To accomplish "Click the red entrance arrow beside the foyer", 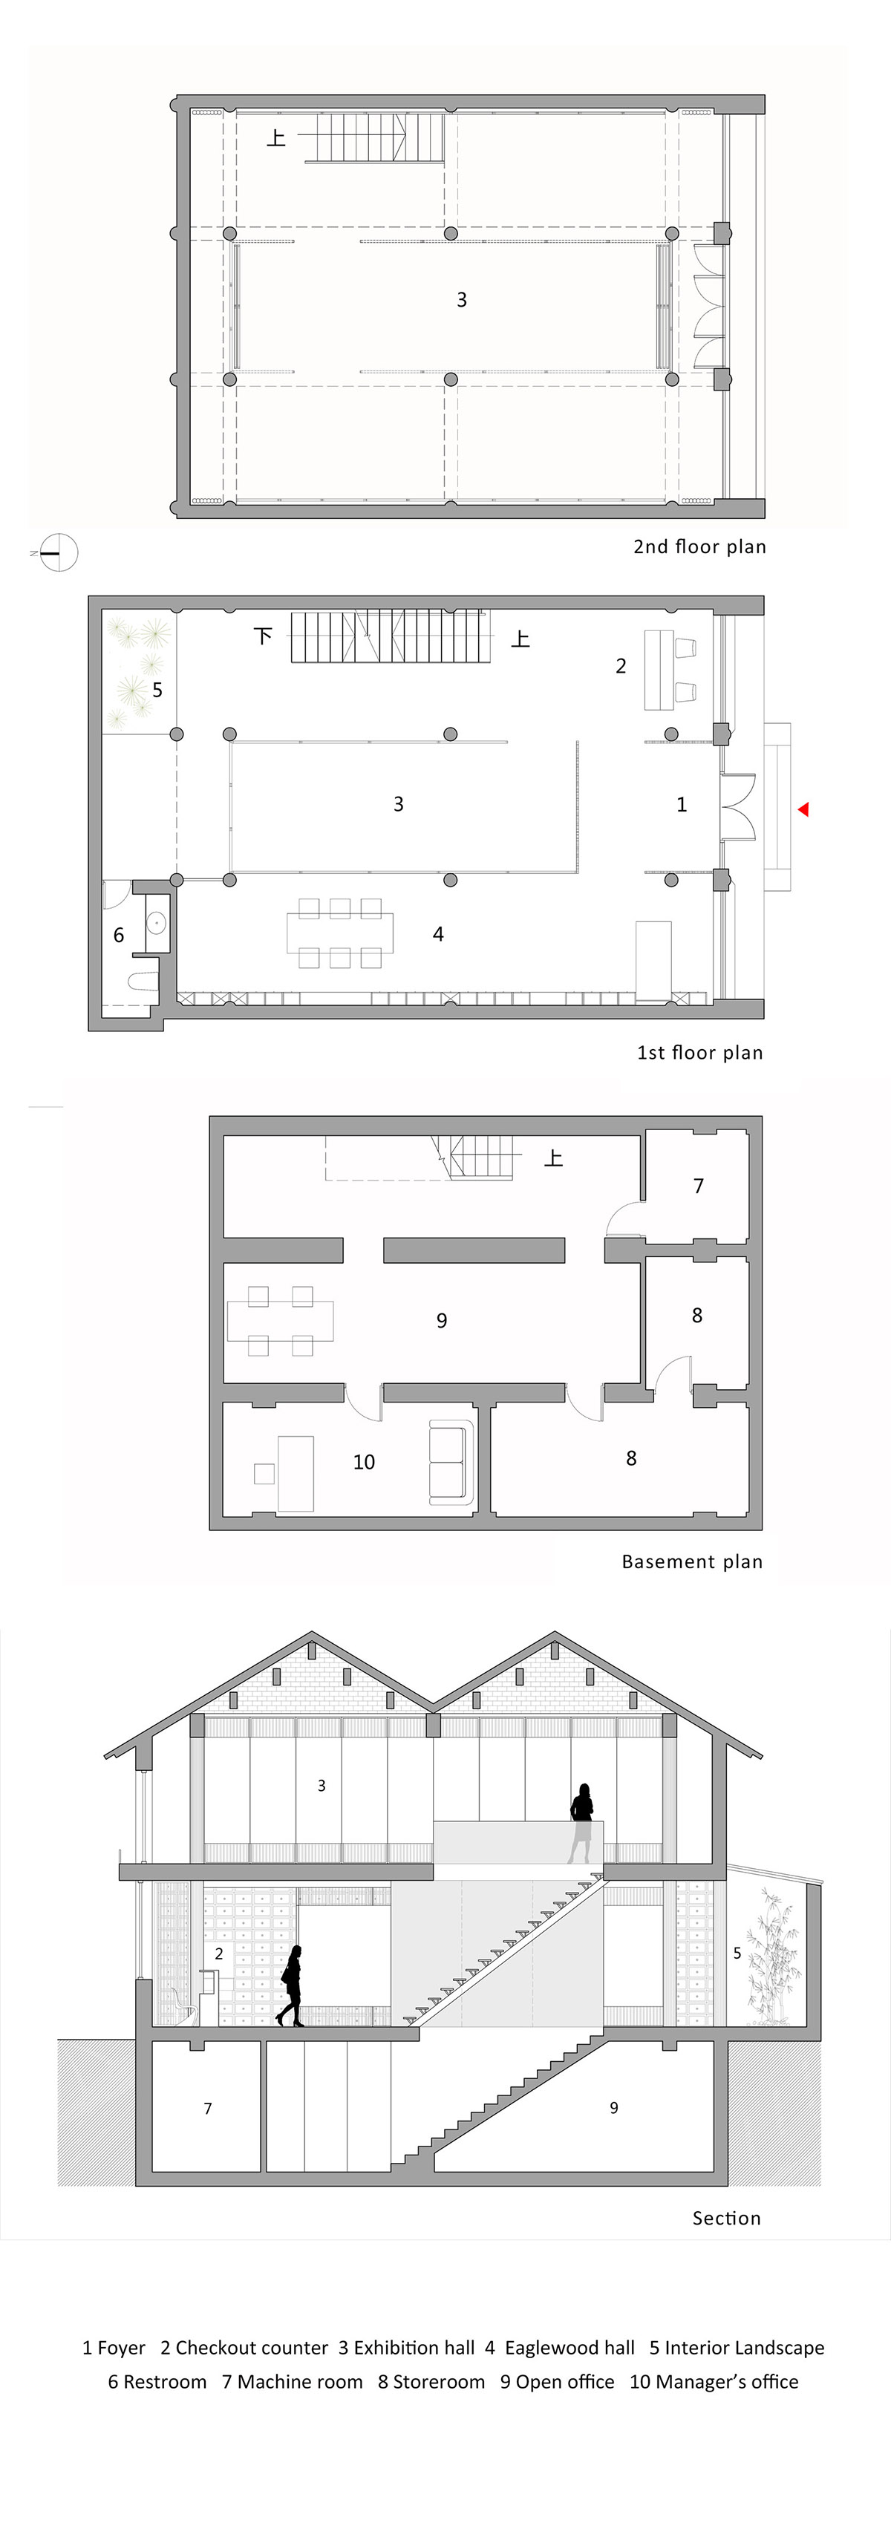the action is [803, 809].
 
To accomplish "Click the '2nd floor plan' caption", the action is [699, 546].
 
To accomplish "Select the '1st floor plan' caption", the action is [699, 1053].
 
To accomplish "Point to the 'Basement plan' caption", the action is [691, 1561].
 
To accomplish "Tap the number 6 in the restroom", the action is [119, 936].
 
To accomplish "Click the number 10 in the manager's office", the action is [363, 1462].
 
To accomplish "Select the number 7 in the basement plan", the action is [698, 1186].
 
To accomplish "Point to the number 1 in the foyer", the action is [682, 804].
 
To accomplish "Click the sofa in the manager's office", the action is [451, 1462].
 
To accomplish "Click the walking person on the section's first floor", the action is [291, 1985].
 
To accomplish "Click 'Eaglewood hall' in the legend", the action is [569, 2348].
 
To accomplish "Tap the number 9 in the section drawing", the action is [614, 2108].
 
